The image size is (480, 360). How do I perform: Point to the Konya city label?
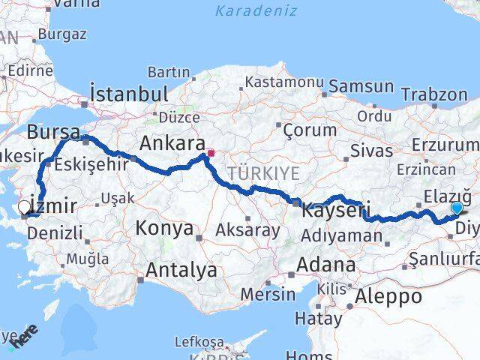[164, 228]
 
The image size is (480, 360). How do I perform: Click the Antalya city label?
[181, 270]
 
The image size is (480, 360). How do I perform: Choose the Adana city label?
[325, 265]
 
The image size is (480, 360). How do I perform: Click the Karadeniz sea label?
[256, 11]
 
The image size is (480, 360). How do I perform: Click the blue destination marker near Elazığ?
[457, 208]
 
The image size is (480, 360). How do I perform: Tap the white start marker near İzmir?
[25, 208]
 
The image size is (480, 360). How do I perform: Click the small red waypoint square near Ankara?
[211, 154]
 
